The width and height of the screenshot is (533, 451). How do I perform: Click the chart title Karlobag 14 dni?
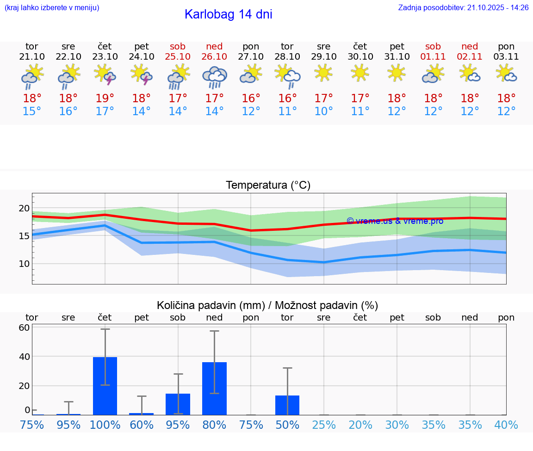coord(228,14)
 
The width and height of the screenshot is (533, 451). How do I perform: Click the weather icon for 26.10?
coord(214,77)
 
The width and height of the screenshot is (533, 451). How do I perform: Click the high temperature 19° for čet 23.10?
coord(105,99)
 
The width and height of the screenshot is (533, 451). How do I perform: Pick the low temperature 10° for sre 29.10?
coord(323,111)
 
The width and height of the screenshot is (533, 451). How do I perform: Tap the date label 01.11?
coord(433,57)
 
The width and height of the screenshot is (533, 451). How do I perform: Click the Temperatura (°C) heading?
coord(268,185)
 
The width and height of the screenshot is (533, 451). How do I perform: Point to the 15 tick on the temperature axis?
coord(24,236)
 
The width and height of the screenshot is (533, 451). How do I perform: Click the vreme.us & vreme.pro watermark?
coord(395,221)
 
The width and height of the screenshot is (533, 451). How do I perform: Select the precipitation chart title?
coord(267,305)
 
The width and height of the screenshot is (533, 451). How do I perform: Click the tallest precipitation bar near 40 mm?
coord(105,386)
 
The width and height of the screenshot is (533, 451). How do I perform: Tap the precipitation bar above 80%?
coord(214,389)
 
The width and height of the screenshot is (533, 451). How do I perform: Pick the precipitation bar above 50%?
coord(287,405)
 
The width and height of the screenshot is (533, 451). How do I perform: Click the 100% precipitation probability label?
coord(105,425)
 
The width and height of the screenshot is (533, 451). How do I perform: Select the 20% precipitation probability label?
coord(360,425)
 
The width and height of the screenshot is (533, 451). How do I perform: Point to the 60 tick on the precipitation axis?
coord(24,327)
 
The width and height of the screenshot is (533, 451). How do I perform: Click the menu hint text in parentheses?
coord(52,8)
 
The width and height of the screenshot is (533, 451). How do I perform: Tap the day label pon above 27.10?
coord(251,47)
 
